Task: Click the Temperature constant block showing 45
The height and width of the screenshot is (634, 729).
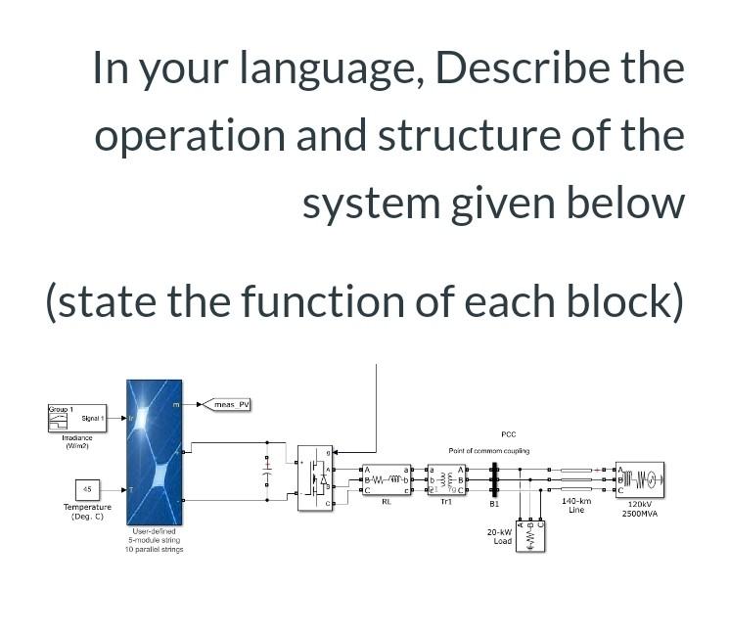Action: (x=87, y=488)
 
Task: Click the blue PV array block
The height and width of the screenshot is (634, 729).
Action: (x=154, y=453)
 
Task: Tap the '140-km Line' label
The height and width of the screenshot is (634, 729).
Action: (x=576, y=506)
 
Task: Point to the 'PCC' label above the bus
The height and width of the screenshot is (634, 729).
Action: (x=508, y=433)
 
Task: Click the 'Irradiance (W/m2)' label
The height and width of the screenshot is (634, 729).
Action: (x=77, y=442)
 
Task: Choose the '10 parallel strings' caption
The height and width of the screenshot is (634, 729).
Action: (x=154, y=549)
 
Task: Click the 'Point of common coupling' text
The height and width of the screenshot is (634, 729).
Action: (x=489, y=451)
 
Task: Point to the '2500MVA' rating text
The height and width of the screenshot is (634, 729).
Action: (x=640, y=513)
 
